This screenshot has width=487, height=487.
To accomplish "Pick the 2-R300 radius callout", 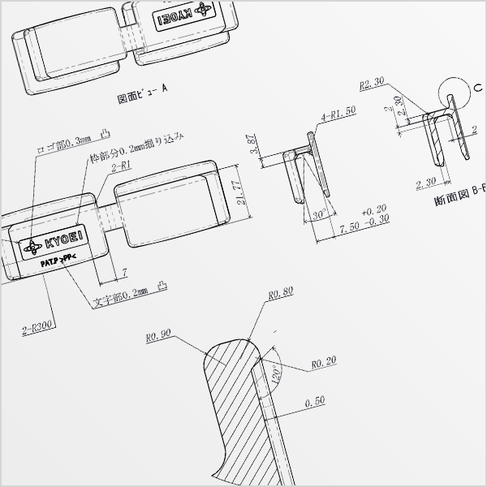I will (38, 328).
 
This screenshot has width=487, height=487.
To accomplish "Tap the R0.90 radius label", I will (157, 334).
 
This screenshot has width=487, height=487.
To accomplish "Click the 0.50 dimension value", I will (315, 402).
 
